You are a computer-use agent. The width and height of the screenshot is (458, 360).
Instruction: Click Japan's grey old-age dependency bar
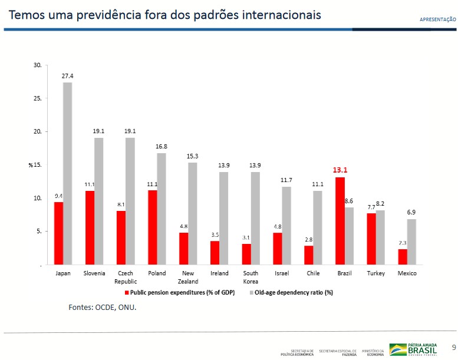[68, 173]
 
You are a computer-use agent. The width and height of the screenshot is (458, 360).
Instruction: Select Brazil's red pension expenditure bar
[340, 221]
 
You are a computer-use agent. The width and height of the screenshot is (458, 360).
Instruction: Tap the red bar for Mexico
[402, 257]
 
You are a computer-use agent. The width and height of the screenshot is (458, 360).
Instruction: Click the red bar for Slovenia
[90, 227]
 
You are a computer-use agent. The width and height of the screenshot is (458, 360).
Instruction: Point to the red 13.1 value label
[340, 170]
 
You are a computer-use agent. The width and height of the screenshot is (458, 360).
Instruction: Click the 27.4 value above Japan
[68, 76]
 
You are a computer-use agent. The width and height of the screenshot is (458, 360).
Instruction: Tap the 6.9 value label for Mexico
[411, 212]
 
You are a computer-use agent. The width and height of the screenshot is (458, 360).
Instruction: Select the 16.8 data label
[162, 146]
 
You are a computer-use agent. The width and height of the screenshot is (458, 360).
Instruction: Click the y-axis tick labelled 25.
[37, 98]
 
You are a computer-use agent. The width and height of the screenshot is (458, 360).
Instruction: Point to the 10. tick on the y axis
[37, 199]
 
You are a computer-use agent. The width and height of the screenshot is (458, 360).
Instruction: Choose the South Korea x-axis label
[251, 278]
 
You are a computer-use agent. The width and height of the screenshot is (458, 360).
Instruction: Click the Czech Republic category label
[126, 278]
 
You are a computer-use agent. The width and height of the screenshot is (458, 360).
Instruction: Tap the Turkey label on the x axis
[375, 273]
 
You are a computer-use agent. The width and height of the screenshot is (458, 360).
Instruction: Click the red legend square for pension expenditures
[126, 293]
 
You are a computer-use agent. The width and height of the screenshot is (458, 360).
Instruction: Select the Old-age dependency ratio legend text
[294, 293]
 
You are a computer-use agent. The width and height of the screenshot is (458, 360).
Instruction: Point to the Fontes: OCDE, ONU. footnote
[102, 307]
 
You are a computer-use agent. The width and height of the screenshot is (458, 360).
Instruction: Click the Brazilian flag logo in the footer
[397, 349]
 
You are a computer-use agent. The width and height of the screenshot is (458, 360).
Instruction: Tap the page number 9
[453, 346]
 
